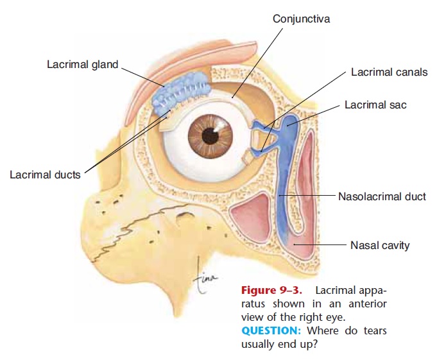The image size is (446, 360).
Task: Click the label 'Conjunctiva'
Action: coord(302,19)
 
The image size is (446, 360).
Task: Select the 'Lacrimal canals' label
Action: coord(389,72)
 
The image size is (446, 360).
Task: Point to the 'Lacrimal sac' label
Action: coord(375,104)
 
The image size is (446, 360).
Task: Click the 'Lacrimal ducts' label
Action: coord(45,175)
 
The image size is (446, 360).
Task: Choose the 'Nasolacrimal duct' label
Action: coord(382,196)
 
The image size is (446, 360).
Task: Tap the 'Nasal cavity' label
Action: coord(380,245)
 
